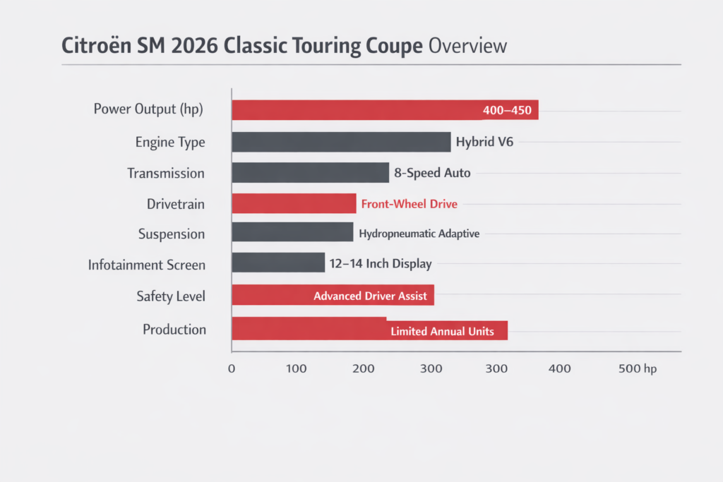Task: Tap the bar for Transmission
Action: [310, 173]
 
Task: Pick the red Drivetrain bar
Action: [294, 204]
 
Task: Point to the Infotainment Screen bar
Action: [278, 263]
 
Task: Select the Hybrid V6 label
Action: [484, 142]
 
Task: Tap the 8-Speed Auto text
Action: [432, 173]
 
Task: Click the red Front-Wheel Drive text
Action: [409, 204]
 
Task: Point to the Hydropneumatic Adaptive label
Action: [419, 234]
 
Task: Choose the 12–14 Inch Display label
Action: [380, 264]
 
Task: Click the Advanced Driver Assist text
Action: [370, 296]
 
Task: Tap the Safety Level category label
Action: [171, 296]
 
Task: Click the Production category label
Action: [174, 330]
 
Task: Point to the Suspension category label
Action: [172, 234]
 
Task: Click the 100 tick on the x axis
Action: [297, 368]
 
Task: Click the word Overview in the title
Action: [467, 46]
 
